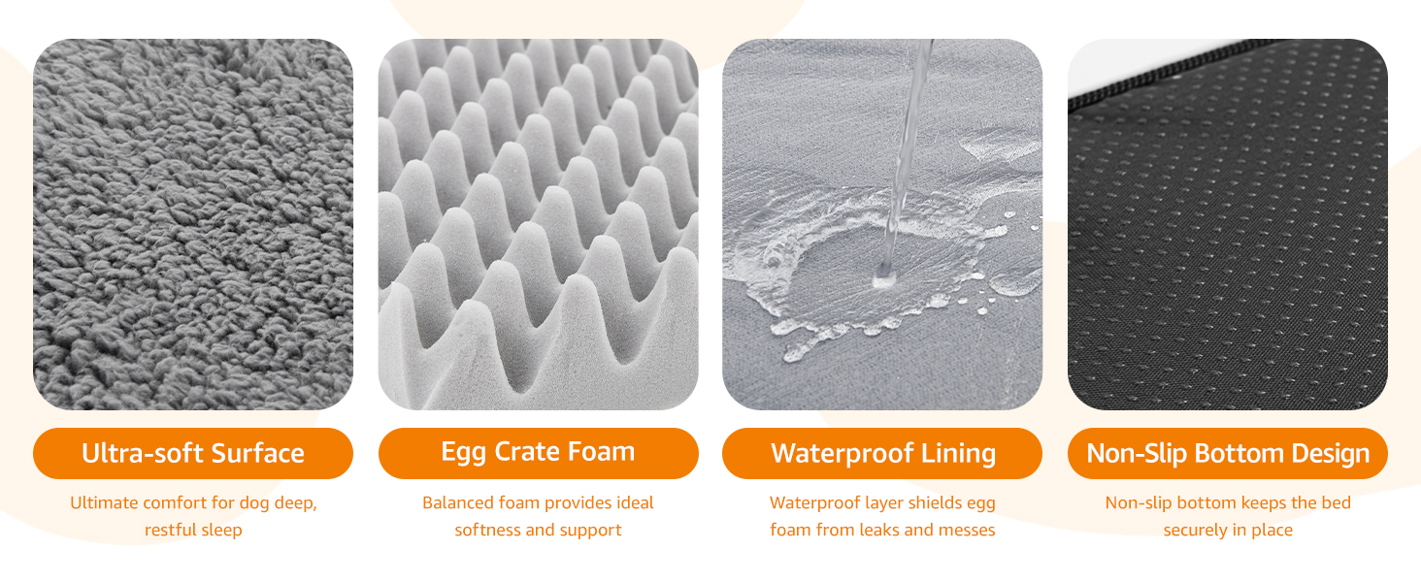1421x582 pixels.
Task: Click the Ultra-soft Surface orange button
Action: click(193, 453)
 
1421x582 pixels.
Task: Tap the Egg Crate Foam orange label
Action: click(538, 453)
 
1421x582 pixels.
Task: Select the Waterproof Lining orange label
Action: click(882, 453)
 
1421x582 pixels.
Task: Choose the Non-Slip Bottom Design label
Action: click(1228, 453)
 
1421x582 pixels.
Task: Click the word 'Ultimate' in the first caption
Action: click(104, 502)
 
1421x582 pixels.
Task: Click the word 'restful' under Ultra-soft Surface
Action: click(167, 530)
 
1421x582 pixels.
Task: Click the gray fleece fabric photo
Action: click(193, 224)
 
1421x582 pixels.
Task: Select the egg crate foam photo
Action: click(538, 224)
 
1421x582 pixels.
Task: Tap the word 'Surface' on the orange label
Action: click(257, 453)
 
